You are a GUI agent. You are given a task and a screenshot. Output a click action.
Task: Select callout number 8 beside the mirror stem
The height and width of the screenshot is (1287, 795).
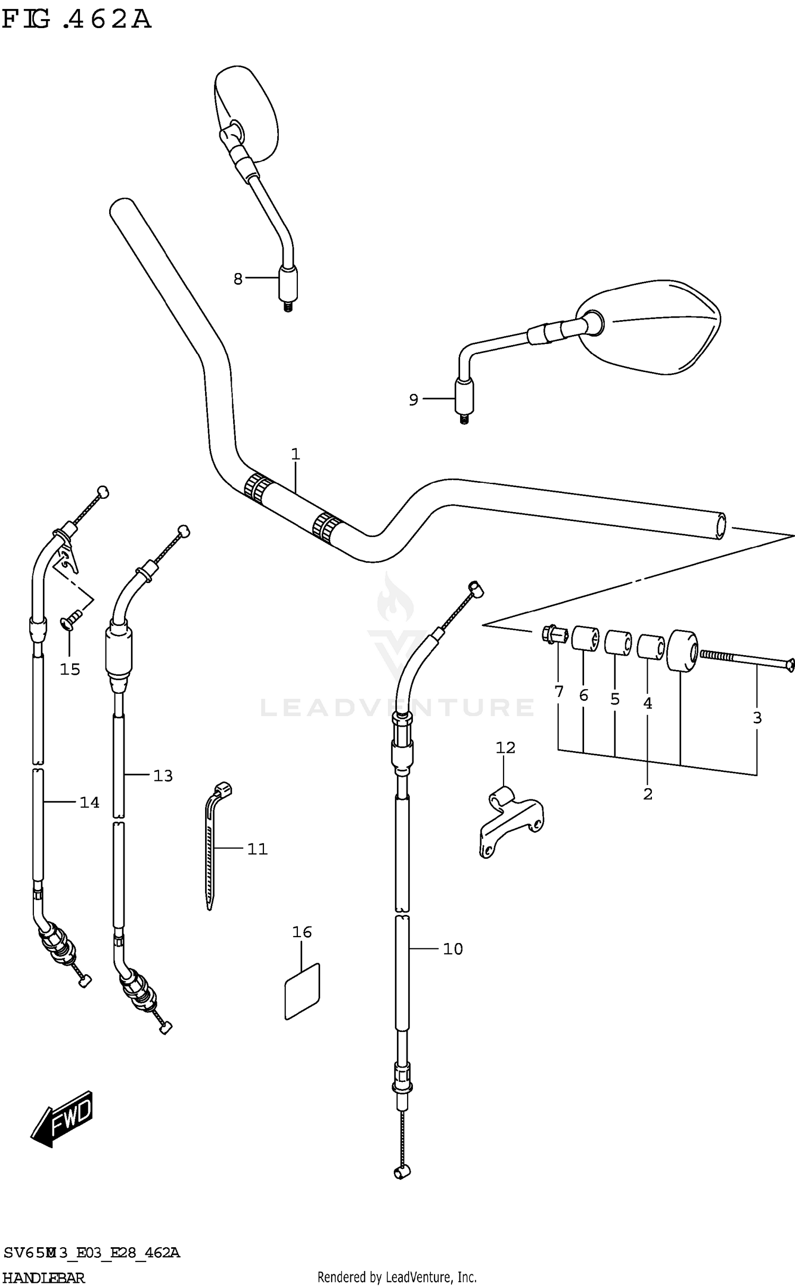(x=238, y=278)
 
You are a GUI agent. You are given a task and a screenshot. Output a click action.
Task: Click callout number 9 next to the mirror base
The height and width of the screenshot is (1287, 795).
(x=413, y=400)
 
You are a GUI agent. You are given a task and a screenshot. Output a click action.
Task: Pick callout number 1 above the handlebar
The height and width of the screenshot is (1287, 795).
(x=296, y=454)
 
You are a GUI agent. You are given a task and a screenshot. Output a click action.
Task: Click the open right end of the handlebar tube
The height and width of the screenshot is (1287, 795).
(x=720, y=527)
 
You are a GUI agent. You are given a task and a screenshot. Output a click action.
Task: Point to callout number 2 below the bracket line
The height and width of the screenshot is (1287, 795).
(x=648, y=794)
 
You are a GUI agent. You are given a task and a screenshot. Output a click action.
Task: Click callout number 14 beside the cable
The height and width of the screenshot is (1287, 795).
(x=89, y=803)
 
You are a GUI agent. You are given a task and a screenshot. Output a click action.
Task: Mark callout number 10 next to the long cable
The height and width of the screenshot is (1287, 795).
(x=453, y=949)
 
